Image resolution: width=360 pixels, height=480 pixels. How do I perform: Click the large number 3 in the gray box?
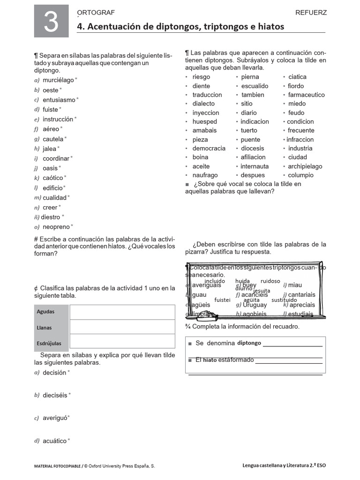51,22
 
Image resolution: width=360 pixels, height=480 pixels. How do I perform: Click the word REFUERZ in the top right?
311,13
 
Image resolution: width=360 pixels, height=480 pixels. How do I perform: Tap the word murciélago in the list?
58,80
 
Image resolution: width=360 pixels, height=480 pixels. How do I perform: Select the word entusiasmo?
59,100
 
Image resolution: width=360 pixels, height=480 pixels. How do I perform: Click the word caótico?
52,178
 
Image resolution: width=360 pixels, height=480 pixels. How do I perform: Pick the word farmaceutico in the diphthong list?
306,95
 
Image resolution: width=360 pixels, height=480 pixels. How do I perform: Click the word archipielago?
305,166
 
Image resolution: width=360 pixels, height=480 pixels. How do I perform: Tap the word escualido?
255,86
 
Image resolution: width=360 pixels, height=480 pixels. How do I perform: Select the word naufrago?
205,175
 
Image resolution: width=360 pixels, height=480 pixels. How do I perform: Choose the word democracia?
209,148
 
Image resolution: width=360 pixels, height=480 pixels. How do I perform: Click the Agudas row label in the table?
45,312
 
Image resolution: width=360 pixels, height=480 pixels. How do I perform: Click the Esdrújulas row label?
49,343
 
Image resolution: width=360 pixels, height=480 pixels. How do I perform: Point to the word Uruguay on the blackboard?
255,305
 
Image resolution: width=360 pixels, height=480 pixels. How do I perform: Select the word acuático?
54,441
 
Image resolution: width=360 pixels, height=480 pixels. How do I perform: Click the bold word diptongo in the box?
249,343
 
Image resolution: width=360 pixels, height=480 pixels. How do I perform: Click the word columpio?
300,175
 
